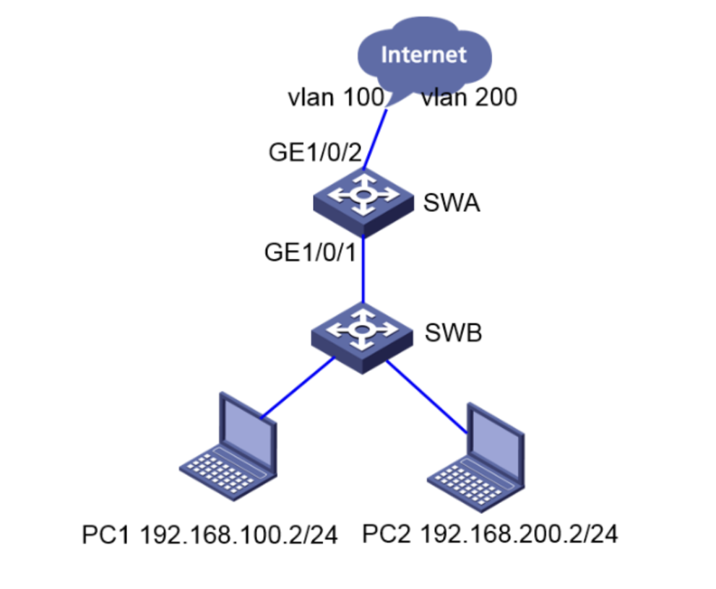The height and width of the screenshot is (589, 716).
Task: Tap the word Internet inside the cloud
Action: (x=424, y=55)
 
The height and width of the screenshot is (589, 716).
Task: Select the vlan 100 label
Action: (x=335, y=97)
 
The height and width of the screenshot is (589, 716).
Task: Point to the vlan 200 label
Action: (x=469, y=97)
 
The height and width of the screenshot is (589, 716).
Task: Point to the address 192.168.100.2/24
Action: (x=238, y=536)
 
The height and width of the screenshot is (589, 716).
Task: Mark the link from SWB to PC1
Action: (x=296, y=387)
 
